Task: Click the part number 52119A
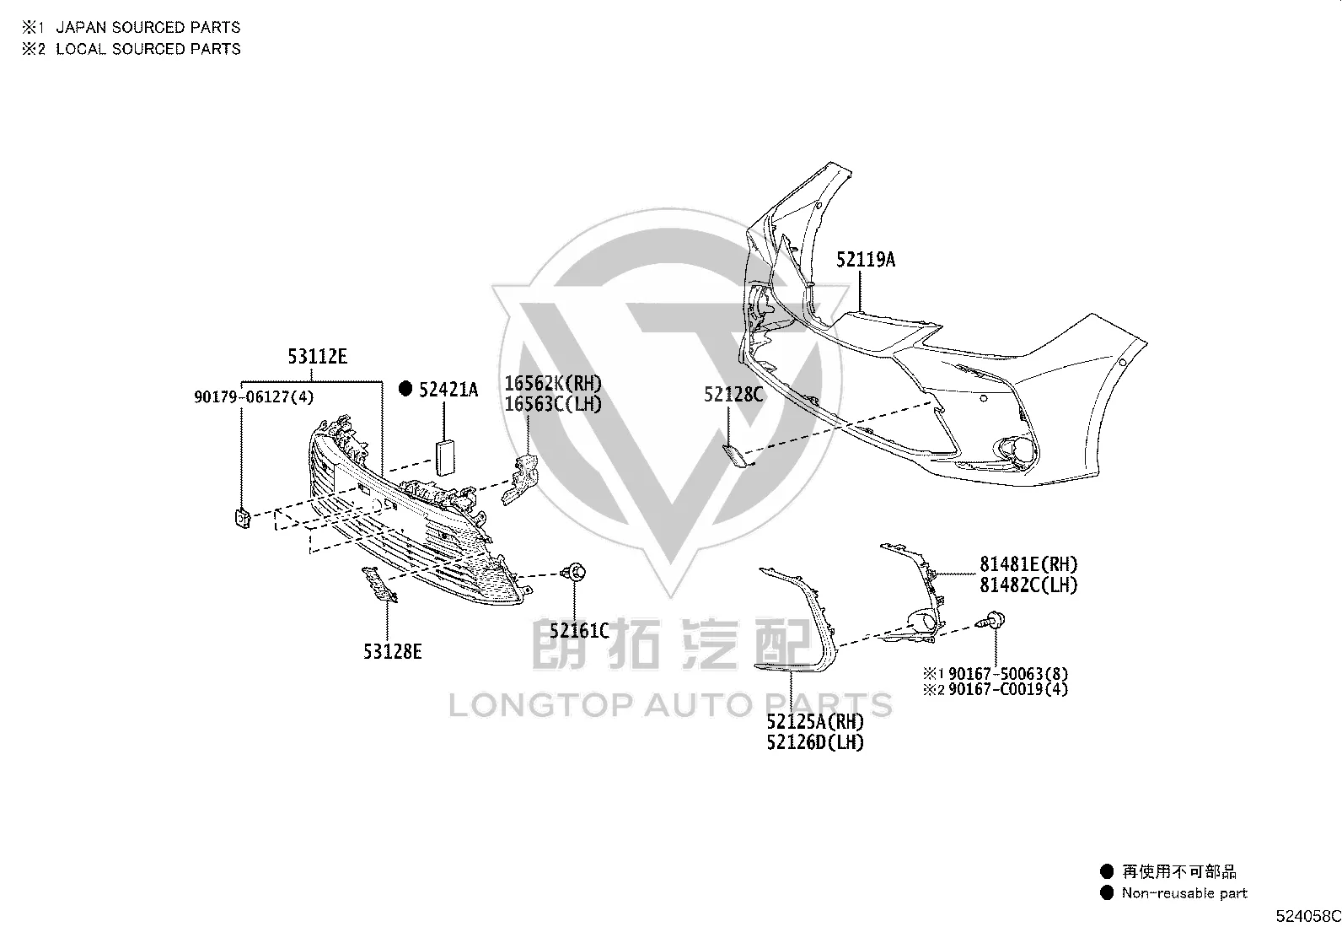(866, 260)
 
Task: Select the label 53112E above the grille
(318, 357)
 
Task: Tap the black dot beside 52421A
(405, 389)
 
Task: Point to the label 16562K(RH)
(553, 383)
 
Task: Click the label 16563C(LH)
(553, 404)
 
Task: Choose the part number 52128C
(734, 395)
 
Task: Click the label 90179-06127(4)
(254, 397)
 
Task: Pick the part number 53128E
(393, 652)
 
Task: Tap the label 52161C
(579, 631)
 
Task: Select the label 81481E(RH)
(1028, 564)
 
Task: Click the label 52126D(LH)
(815, 743)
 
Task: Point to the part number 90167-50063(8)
(1008, 674)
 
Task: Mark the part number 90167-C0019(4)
(1008, 689)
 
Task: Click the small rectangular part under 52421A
(444, 457)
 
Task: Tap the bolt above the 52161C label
(574, 573)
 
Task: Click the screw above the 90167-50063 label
(991, 620)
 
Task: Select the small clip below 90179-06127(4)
(243, 518)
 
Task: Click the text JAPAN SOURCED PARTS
(148, 28)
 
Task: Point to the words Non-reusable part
(1184, 893)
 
